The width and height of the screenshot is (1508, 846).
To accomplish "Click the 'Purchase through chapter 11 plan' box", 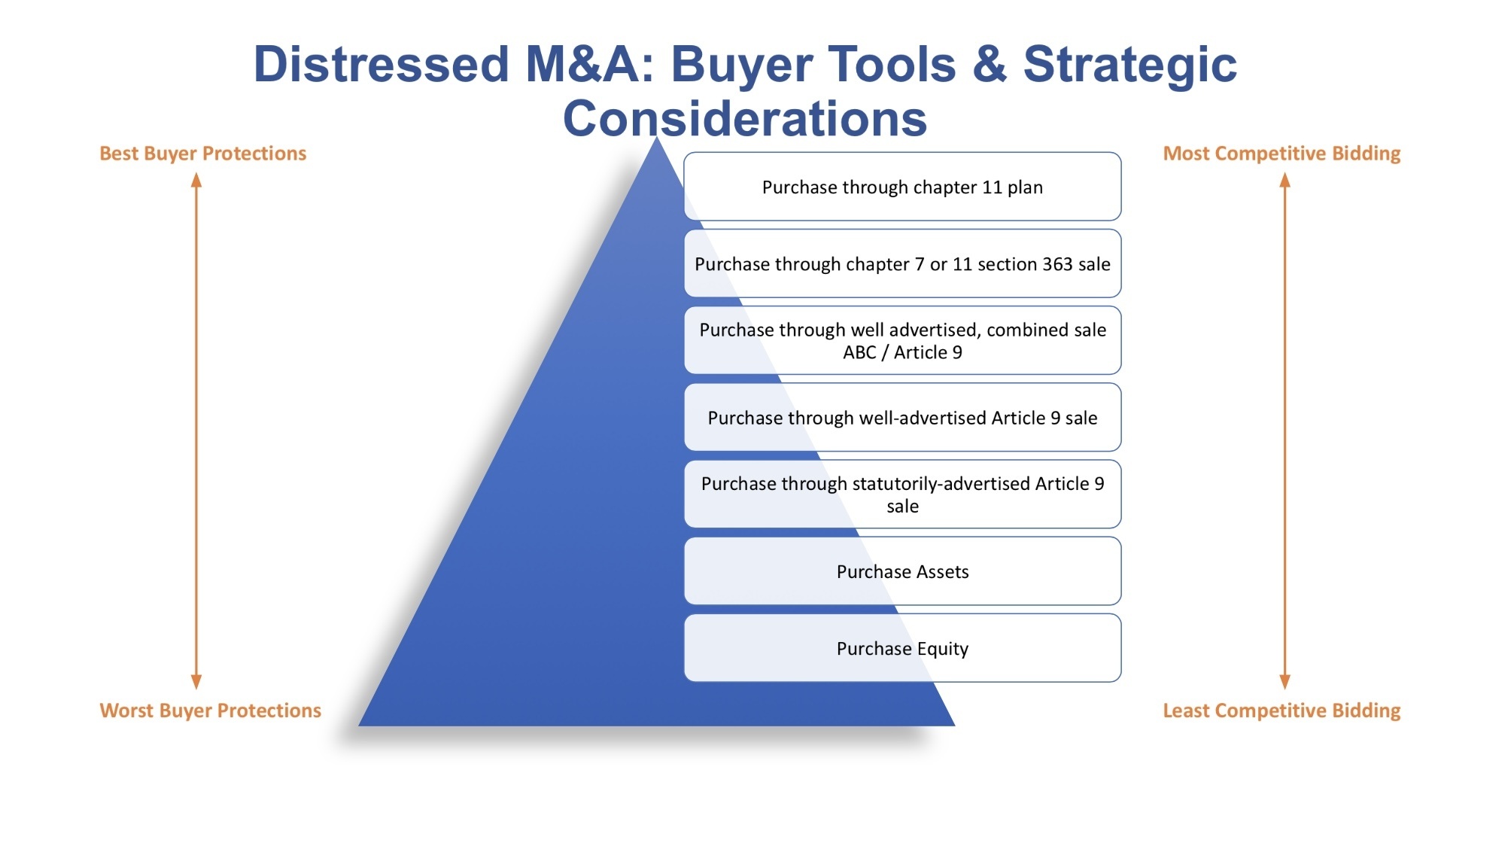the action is coord(902,187).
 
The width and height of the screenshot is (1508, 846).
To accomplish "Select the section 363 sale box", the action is coord(902,263).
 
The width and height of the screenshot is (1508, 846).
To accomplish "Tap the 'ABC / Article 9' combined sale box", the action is coord(902,340).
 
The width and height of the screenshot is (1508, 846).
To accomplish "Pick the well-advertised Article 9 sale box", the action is coord(902,417).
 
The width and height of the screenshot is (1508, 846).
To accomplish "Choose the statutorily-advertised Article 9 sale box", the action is coord(902,494).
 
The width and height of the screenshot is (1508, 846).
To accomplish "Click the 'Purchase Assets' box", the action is coord(902,571).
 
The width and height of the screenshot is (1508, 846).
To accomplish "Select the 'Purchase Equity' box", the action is coord(902,648).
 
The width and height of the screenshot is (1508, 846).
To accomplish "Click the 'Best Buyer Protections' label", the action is coord(203,154).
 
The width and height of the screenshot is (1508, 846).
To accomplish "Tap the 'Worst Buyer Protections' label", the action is coord(211,711).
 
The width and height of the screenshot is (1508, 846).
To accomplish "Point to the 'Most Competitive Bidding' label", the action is coord(1281,154).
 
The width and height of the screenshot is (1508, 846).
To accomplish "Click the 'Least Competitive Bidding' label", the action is coord(1281,711).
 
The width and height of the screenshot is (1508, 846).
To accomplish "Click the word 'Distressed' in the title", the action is coord(382,64).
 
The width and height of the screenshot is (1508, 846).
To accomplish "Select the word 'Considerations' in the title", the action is coord(745,119).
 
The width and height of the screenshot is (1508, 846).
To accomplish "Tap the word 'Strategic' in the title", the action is coord(1130,65).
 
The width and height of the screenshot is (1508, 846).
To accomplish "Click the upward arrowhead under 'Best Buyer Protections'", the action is coord(196,180).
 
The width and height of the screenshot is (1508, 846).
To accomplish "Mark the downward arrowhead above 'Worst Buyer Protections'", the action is coord(196,682).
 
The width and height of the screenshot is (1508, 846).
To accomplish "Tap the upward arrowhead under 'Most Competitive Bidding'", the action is coord(1285,180).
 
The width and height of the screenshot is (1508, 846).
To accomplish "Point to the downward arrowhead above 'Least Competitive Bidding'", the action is coord(1285,682).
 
